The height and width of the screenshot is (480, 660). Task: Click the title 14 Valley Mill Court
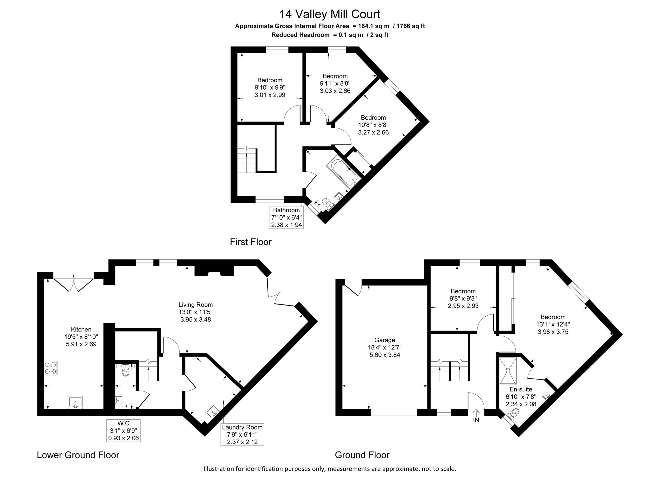[x=330, y=14]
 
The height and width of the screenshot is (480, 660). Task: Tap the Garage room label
[x=385, y=340]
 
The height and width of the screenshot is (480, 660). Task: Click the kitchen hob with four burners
[x=51, y=368]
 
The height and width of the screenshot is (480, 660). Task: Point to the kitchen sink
[x=76, y=403]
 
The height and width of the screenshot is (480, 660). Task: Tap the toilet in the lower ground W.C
[x=125, y=370]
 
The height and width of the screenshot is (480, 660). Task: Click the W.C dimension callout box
[x=123, y=431]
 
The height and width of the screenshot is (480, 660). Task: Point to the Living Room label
[x=196, y=305]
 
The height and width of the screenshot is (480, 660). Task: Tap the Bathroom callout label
[x=287, y=217]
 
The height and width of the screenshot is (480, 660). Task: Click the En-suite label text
[x=521, y=389]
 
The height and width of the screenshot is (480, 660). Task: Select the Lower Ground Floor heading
[x=78, y=455]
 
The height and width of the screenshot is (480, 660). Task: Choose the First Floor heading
[x=251, y=242]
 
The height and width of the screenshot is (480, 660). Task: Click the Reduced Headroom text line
[x=330, y=35]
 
